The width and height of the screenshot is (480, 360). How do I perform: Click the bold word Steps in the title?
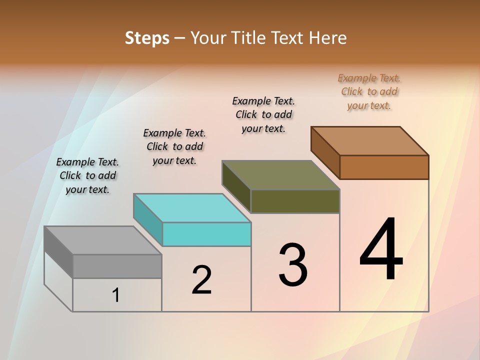(x=147, y=38)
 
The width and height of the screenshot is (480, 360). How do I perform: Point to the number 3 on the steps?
(x=293, y=265)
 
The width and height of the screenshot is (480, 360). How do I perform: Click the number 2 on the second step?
(x=201, y=280)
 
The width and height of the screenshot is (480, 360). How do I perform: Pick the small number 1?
(x=116, y=295)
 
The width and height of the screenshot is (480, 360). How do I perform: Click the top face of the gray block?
(x=102, y=240)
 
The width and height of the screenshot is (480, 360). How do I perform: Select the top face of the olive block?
(x=280, y=175)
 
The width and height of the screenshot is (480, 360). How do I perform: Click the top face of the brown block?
(x=369, y=141)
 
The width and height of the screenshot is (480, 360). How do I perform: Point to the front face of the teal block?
(x=206, y=234)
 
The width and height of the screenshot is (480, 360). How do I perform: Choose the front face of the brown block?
(x=384, y=167)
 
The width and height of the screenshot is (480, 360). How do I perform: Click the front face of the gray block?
(x=117, y=266)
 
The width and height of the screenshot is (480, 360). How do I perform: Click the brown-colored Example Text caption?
(x=369, y=92)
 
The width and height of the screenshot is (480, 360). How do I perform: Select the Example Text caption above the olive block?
(x=263, y=114)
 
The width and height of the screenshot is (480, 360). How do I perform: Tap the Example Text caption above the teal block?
(x=174, y=146)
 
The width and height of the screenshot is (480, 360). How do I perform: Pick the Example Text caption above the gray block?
(x=87, y=175)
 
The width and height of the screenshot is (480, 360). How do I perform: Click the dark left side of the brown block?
(x=325, y=153)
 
